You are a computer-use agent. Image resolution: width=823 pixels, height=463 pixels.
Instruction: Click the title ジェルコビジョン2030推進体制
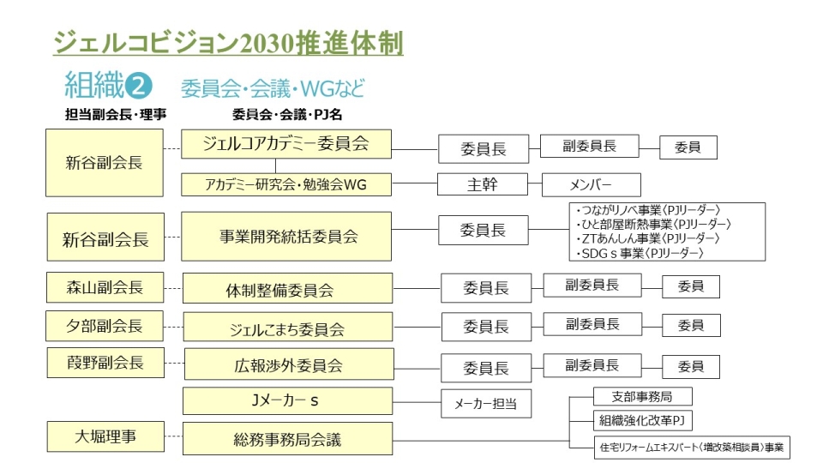click(x=228, y=43)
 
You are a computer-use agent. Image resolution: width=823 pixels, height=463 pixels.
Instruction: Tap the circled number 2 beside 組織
click(x=138, y=86)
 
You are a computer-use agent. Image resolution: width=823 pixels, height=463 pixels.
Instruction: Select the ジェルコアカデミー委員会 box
click(x=286, y=144)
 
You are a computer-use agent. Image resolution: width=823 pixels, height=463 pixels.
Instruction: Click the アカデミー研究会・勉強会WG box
click(x=286, y=185)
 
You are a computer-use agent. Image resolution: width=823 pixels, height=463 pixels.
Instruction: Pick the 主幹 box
click(x=483, y=185)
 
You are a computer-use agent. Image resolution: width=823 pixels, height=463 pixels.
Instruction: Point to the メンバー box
click(x=591, y=185)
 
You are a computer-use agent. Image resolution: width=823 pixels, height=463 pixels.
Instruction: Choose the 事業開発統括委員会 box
click(x=286, y=237)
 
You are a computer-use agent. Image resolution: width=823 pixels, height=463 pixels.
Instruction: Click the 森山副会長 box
click(x=105, y=287)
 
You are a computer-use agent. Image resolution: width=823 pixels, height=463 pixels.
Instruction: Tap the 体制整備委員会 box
click(x=287, y=288)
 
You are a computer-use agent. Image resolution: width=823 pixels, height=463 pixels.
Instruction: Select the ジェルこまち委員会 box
click(x=288, y=327)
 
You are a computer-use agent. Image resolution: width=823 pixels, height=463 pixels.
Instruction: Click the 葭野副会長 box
click(x=105, y=363)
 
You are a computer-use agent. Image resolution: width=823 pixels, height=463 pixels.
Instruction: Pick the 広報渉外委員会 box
click(x=289, y=364)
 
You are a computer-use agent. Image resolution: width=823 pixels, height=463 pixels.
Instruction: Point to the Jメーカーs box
click(x=287, y=401)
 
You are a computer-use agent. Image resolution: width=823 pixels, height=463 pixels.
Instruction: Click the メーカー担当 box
click(x=486, y=404)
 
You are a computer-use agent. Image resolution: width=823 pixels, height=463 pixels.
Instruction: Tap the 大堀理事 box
click(x=105, y=436)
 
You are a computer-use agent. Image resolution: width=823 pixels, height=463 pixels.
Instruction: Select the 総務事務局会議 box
click(x=287, y=438)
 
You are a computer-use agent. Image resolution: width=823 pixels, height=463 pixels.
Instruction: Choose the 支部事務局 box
click(x=642, y=396)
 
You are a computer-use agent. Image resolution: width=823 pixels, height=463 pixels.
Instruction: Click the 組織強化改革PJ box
click(x=642, y=420)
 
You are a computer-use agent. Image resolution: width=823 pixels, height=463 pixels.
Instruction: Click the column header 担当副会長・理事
click(x=116, y=114)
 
